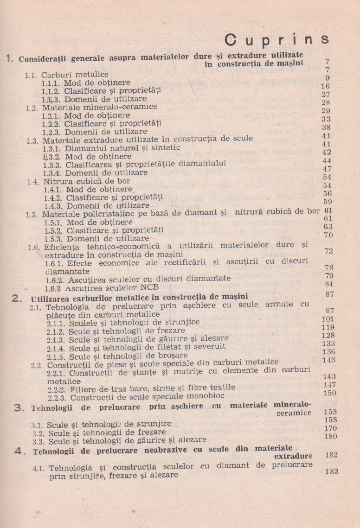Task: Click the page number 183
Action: (x=331, y=471)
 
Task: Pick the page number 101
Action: (x=328, y=319)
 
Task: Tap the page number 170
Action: (x=330, y=428)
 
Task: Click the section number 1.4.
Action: (x=32, y=181)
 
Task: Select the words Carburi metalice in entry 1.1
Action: (x=75, y=74)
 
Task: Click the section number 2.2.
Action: (x=37, y=365)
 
